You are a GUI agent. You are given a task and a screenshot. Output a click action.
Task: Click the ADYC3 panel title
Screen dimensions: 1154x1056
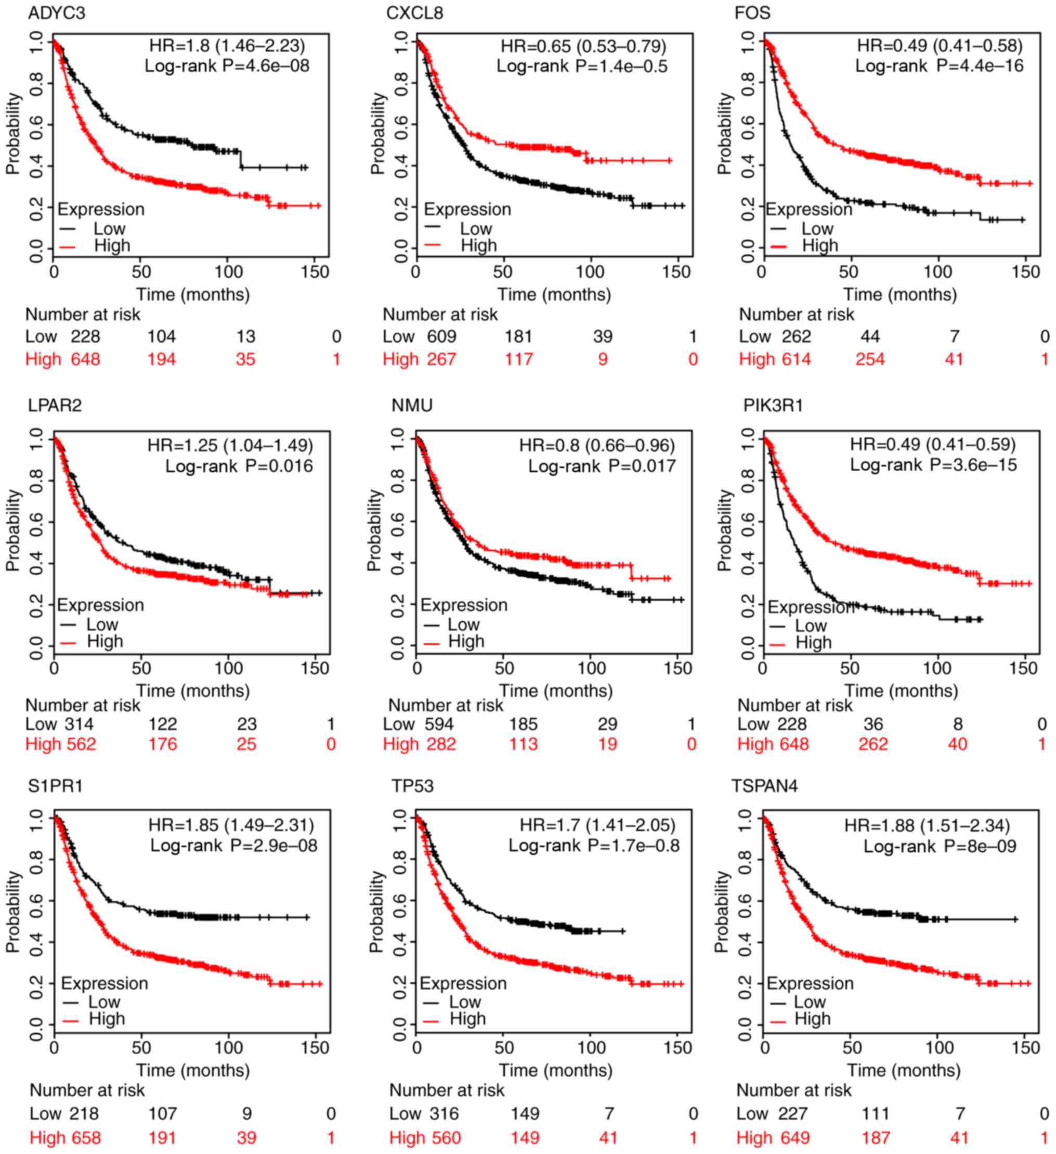tap(57, 12)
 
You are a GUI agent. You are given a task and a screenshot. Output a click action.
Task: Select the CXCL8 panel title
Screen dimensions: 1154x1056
tap(415, 12)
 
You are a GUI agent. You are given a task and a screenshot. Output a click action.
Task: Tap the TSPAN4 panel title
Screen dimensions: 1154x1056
tap(765, 786)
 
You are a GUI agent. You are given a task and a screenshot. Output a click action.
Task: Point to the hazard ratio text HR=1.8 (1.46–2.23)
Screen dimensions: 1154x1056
tap(227, 46)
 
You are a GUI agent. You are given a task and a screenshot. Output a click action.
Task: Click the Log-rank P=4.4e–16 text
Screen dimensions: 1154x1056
tap(939, 67)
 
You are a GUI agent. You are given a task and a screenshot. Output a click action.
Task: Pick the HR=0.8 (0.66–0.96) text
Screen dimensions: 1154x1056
tap(597, 445)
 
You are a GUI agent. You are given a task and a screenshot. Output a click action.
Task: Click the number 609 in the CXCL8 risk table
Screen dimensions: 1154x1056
tap(442, 336)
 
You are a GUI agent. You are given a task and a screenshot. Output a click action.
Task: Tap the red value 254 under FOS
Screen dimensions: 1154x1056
tap(870, 359)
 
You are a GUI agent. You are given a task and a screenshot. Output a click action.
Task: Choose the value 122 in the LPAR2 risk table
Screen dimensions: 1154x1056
tap(163, 724)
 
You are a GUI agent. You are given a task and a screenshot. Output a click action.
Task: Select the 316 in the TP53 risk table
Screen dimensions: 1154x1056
tap(444, 1114)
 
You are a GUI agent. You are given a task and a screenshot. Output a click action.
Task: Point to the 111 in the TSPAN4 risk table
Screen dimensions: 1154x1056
tap(876, 1114)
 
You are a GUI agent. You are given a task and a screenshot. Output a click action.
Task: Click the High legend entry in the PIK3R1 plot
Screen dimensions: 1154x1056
tap(813, 643)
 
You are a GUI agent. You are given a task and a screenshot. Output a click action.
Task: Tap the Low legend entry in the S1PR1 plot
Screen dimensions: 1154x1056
tap(104, 1002)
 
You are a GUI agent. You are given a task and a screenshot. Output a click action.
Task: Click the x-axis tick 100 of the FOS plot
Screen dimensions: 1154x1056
tap(938, 272)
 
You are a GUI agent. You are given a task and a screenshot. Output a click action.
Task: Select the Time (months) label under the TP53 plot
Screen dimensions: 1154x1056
tap(555, 1070)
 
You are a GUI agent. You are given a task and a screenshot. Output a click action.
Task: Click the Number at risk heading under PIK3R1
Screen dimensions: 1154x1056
tap(795, 705)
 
